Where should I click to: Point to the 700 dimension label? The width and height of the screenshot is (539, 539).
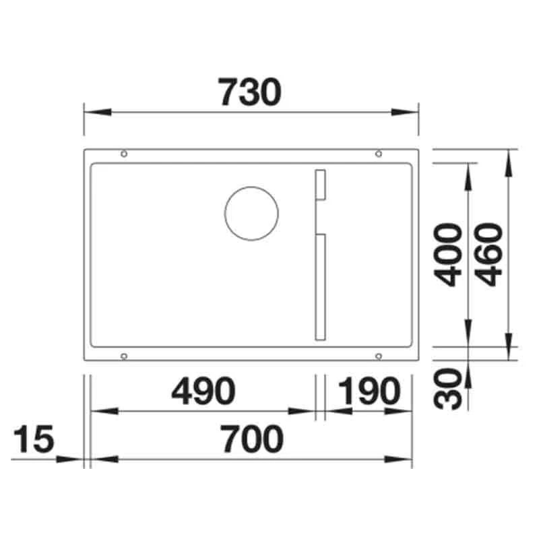click(x=251, y=441)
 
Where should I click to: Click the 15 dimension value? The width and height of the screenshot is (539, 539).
click(x=32, y=441)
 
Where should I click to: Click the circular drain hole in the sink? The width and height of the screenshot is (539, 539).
click(x=250, y=213)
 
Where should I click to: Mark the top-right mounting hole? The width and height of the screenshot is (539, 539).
click(x=379, y=154)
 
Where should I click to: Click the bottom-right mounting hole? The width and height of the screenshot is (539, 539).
click(x=379, y=354)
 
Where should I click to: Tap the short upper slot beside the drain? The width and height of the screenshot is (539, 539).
click(x=321, y=184)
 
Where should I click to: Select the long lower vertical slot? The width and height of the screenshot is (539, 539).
click(x=321, y=287)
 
